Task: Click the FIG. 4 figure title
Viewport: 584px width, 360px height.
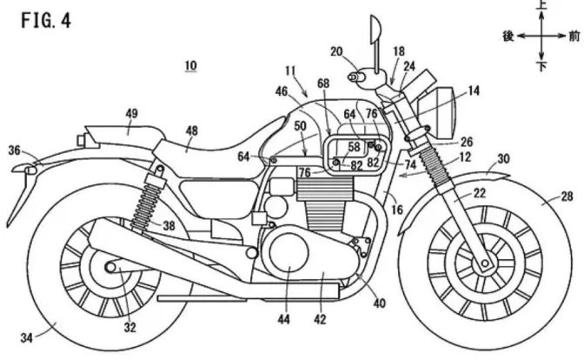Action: coord(41,20)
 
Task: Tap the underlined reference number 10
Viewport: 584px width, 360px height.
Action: coord(190,65)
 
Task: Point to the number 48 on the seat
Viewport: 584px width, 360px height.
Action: coord(191,130)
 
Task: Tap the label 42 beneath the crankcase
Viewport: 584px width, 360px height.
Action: coord(320,320)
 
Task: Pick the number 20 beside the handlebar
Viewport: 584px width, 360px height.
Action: coord(336,51)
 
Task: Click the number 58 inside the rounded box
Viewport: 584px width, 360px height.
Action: coord(354,146)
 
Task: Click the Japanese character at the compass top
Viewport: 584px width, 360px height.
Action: coord(542,6)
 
